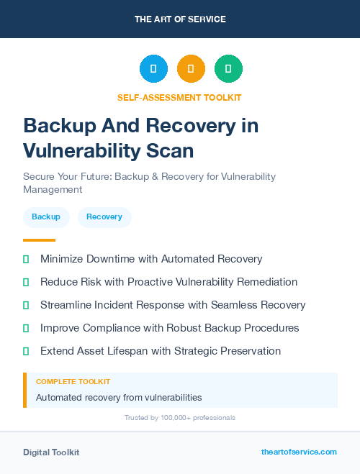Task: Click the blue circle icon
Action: coord(153,69)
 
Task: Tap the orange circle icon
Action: coord(191,69)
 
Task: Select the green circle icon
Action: coord(228,69)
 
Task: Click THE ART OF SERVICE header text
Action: coord(180,19)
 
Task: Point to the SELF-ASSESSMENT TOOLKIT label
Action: coord(179,97)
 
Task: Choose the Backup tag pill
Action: coord(46,217)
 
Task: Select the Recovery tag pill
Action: coord(104,217)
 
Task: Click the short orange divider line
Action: coord(39,240)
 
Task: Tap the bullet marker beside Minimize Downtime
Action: coord(26,259)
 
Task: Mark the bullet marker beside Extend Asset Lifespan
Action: coord(26,351)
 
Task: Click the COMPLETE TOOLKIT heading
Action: coord(73,382)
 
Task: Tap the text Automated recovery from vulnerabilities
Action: coord(119,397)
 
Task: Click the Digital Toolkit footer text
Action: coord(51,452)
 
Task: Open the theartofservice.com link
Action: coord(299,452)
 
